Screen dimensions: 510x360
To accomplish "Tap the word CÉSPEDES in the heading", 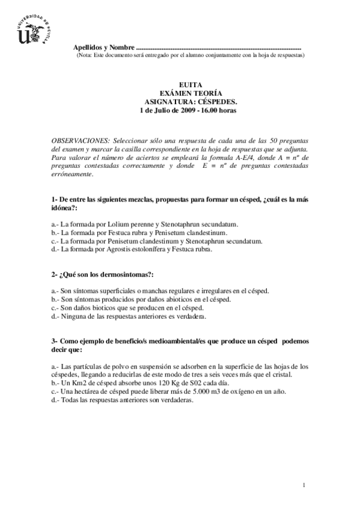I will (x=216, y=102).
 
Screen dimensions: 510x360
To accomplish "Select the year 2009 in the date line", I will (x=175, y=111).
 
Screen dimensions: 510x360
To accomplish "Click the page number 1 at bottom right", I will (x=305, y=485).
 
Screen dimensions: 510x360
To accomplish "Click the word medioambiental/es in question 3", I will (x=170, y=340).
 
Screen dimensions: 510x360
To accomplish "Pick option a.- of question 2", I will (x=55, y=290).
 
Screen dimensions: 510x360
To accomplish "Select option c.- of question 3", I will (x=55, y=391).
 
